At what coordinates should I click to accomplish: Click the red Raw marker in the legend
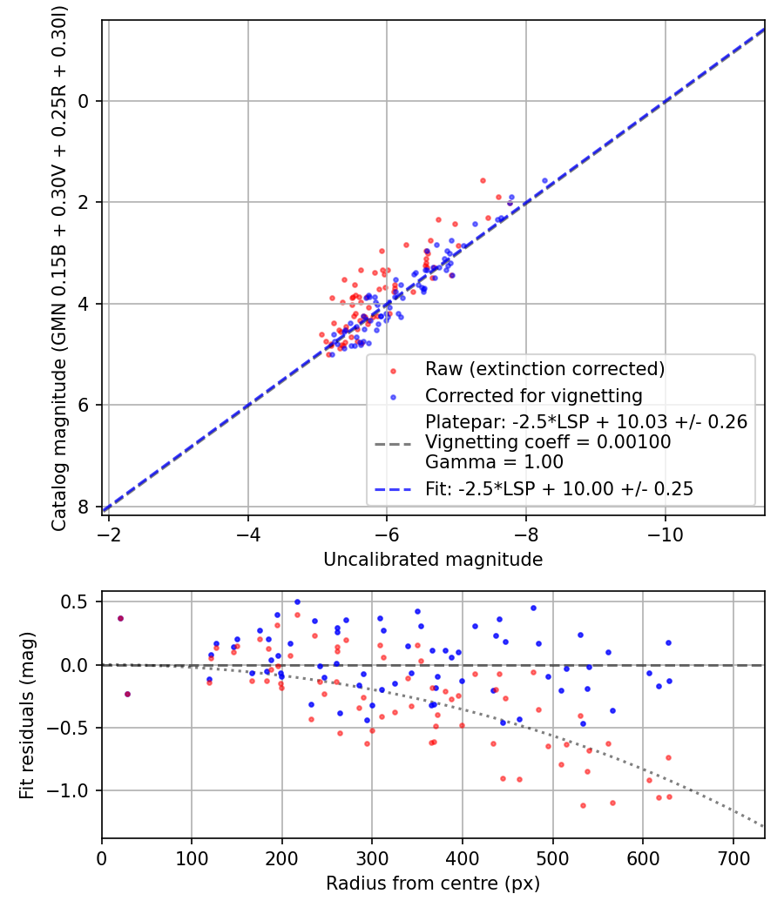393,370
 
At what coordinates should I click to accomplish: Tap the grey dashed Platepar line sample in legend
393,443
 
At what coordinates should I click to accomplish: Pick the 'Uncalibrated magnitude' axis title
433,560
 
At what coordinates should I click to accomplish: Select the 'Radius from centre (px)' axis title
433,884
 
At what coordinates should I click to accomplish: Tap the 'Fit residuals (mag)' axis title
27,714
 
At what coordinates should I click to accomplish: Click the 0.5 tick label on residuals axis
77,601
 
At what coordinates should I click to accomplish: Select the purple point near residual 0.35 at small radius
120,618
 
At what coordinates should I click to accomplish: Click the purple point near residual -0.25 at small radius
127,694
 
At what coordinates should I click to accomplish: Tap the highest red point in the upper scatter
483,180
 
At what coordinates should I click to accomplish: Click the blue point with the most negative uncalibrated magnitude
544,181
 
